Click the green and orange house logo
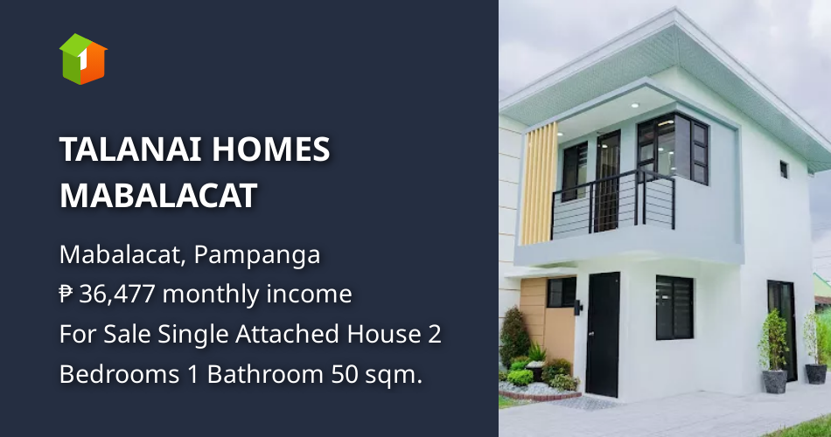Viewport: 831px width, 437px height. coord(83,59)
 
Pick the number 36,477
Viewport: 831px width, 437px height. coord(117,295)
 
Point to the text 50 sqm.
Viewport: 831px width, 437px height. coord(376,373)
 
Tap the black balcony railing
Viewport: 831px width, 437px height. coord(612,205)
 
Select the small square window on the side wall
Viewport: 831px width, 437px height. coord(785,170)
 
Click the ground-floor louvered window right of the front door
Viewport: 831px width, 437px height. coord(674,307)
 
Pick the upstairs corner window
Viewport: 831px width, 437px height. coord(673,149)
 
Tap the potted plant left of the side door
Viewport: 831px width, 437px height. coord(773,350)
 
